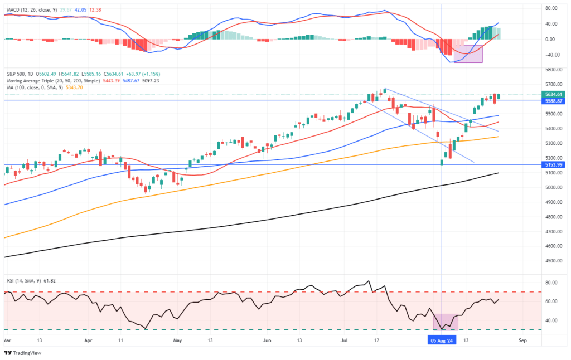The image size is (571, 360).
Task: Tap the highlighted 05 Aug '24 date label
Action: pyautogui.click(x=442, y=339)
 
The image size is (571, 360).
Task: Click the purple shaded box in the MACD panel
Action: pyautogui.click(x=468, y=53)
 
